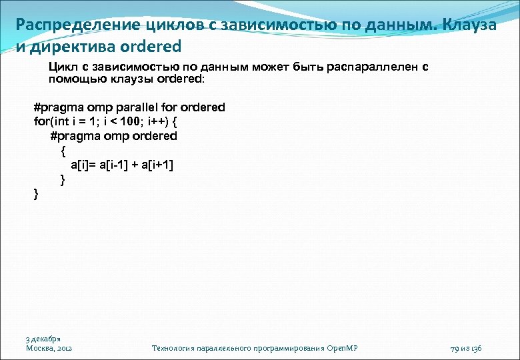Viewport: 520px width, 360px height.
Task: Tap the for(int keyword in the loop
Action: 50,121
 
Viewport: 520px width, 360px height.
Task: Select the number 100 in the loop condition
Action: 125,121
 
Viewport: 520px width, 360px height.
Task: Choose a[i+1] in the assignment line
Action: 157,165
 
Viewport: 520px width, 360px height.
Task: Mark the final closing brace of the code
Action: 36,194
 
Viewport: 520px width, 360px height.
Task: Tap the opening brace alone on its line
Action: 63,151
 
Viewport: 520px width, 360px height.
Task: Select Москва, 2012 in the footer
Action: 49,348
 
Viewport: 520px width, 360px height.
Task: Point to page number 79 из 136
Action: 466,348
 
